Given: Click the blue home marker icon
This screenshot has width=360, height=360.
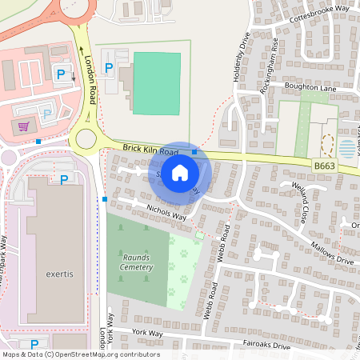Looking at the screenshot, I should pyautogui.click(x=180, y=172).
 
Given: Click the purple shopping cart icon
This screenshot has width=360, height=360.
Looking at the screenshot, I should pyautogui.click(x=25, y=126).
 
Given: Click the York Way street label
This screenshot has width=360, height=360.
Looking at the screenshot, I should pyautogui.click(x=148, y=332).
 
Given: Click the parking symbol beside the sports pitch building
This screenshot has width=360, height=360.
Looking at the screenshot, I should pyautogui.click(x=109, y=68).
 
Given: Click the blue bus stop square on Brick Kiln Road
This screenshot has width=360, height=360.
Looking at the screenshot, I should pyautogui.click(x=194, y=150).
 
